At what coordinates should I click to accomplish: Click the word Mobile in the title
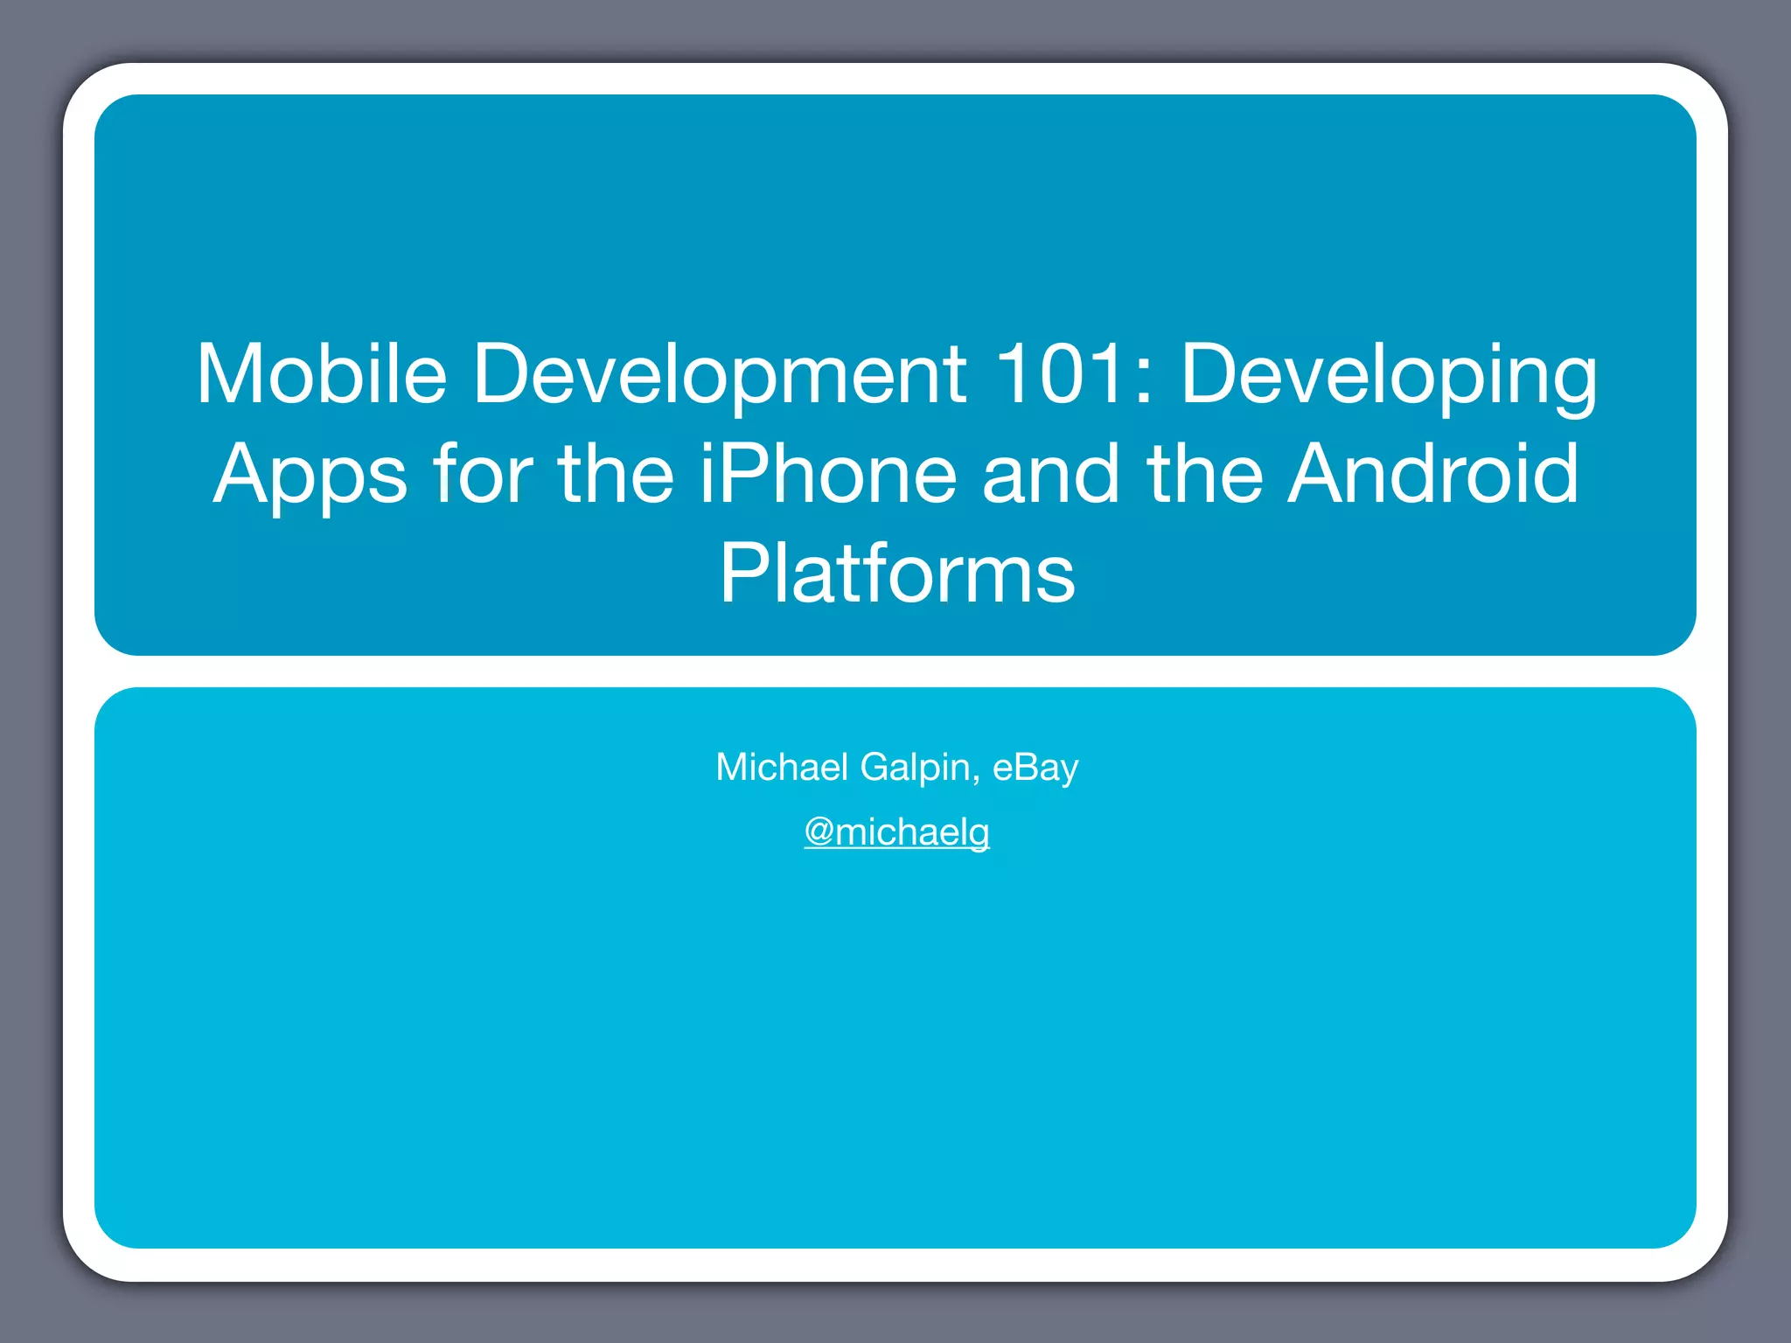(321, 373)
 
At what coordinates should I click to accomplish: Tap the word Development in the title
(719, 373)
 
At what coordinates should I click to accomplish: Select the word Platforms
(897, 574)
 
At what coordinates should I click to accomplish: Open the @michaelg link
(897, 832)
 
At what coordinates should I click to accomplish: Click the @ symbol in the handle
(819, 832)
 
